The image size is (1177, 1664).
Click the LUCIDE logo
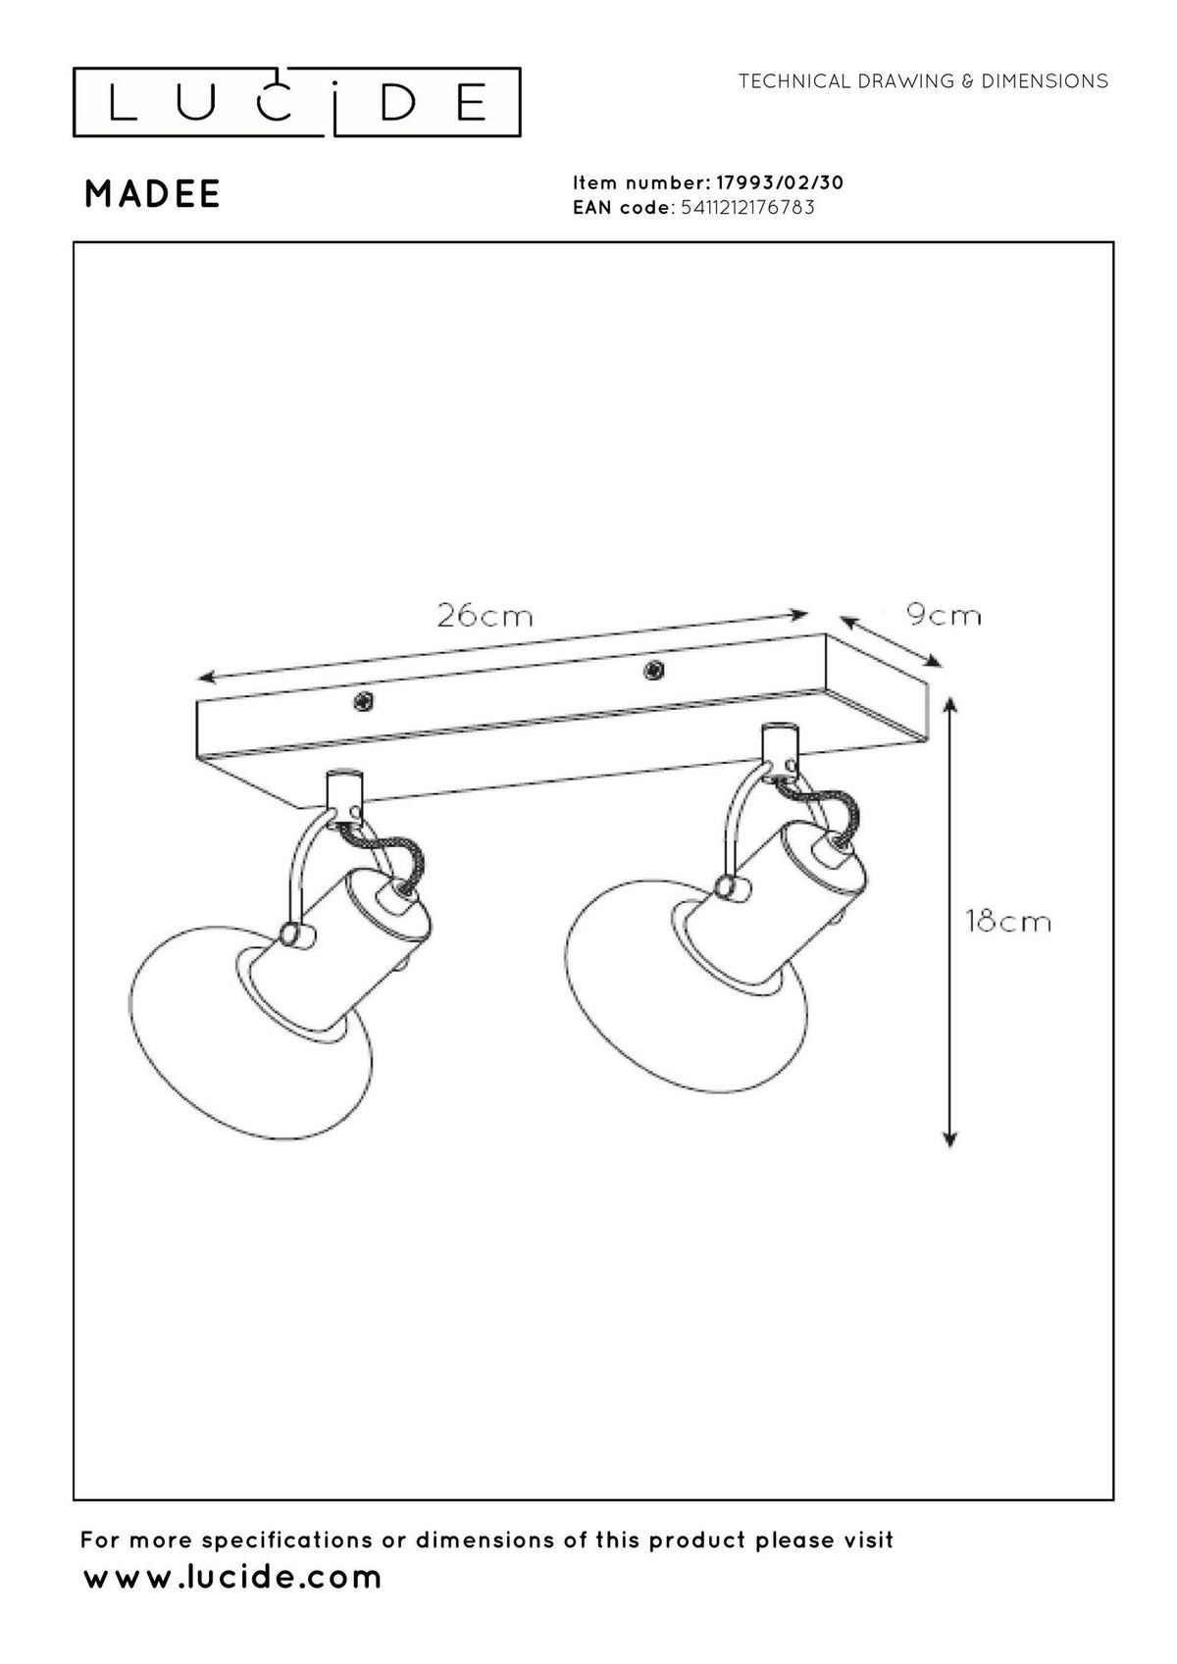[296, 103]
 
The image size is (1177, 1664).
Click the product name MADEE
[152, 194]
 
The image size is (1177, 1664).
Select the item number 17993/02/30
[780, 182]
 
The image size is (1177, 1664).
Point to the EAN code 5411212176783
[747, 207]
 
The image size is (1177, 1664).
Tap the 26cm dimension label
[485, 616]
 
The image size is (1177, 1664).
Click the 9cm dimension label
[944, 616]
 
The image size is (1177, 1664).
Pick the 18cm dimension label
[1008, 922]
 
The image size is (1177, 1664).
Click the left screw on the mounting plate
[364, 700]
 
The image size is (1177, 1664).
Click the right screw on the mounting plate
[653, 670]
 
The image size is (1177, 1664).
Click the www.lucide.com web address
[232, 1578]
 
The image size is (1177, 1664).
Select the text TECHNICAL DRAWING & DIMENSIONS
[923, 81]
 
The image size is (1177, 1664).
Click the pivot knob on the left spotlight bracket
[292, 934]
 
